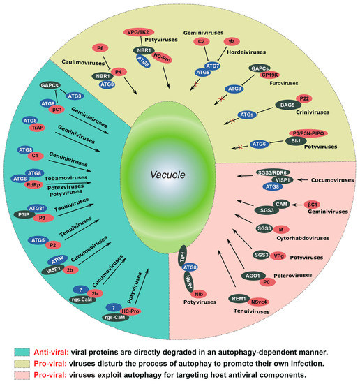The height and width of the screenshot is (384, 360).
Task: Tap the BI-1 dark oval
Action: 296,142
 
